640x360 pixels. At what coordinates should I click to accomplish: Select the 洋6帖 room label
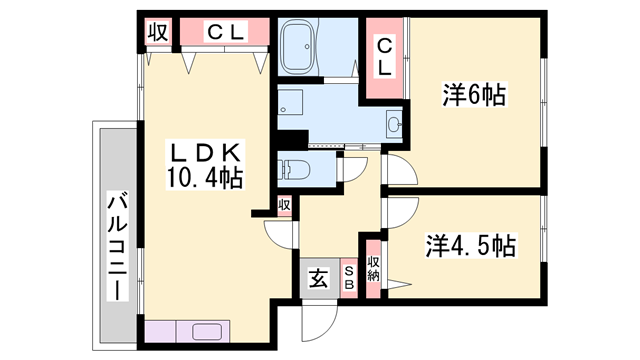(x=473, y=97)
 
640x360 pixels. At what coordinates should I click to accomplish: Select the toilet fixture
(x=292, y=168)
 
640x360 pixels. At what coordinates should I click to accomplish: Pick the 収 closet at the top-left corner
(x=158, y=32)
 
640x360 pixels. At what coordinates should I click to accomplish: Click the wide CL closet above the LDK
(x=225, y=32)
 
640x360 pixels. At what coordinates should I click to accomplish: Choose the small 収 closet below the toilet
(x=285, y=204)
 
